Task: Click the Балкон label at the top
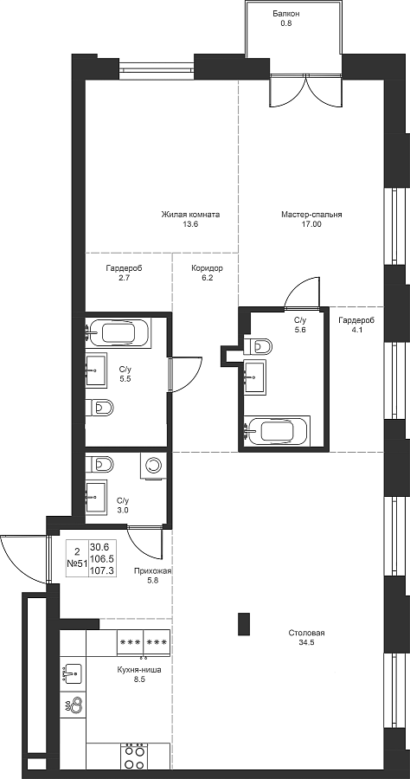(x=285, y=14)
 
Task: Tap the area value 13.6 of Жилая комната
(x=190, y=224)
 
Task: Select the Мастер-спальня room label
(x=311, y=216)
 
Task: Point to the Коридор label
(x=207, y=269)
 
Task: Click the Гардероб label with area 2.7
(x=124, y=269)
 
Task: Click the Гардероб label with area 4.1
(x=356, y=320)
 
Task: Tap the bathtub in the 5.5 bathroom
(x=119, y=332)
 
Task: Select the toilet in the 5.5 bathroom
(x=99, y=408)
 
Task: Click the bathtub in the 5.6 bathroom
(x=279, y=430)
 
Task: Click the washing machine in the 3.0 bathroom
(x=154, y=467)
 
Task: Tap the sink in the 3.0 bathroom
(x=96, y=496)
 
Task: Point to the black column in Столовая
(x=244, y=624)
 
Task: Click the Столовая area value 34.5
(x=306, y=642)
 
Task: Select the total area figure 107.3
(x=102, y=571)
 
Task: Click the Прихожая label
(x=153, y=572)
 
